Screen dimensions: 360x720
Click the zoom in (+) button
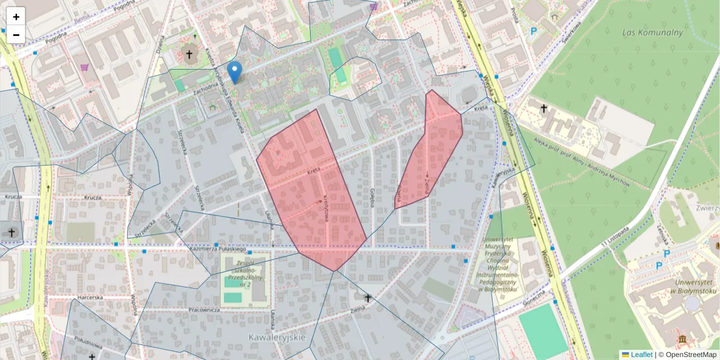[16, 17]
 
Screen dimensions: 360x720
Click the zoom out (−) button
[16, 35]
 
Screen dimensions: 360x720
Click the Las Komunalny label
[652, 32]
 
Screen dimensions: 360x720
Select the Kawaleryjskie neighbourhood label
[277, 338]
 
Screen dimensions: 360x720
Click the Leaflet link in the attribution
[641, 355]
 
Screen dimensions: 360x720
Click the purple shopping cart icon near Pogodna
[85, 68]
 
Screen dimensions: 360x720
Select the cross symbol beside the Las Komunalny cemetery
[544, 109]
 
